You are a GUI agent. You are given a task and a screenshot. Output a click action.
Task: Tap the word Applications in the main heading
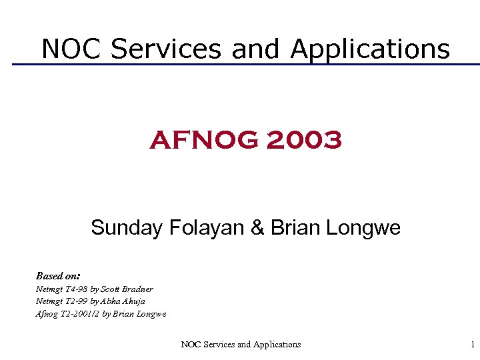(370, 49)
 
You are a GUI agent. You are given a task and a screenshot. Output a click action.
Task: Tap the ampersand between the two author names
(258, 228)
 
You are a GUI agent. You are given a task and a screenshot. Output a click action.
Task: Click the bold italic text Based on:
(59, 275)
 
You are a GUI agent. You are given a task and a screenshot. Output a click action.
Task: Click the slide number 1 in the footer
(473, 345)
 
